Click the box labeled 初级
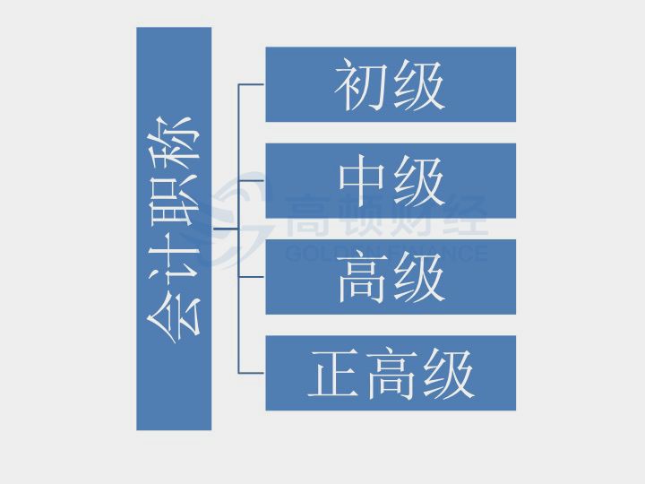391,84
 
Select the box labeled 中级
391,181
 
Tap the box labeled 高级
391,277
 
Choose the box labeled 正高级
391,373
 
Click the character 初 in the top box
362,85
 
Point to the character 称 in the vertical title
173,146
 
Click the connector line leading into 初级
252,84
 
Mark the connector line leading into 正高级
252,373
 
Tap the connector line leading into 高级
252,277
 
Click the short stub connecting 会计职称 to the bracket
225,229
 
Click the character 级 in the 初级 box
419,85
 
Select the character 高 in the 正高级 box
391,373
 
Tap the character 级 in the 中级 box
419,181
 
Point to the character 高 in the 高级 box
362,277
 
